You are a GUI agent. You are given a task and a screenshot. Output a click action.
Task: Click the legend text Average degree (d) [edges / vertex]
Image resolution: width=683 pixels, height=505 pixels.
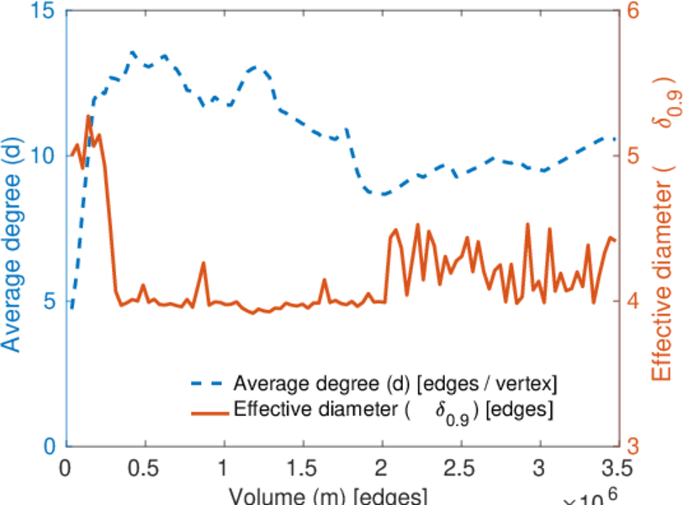(395, 384)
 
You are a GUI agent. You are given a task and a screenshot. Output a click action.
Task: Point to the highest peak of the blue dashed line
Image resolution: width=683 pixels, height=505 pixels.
(132, 52)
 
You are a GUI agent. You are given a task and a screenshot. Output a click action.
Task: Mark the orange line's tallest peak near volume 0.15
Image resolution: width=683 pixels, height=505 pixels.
(88, 116)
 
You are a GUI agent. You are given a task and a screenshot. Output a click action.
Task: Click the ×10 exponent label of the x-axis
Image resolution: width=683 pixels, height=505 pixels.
(593, 498)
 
